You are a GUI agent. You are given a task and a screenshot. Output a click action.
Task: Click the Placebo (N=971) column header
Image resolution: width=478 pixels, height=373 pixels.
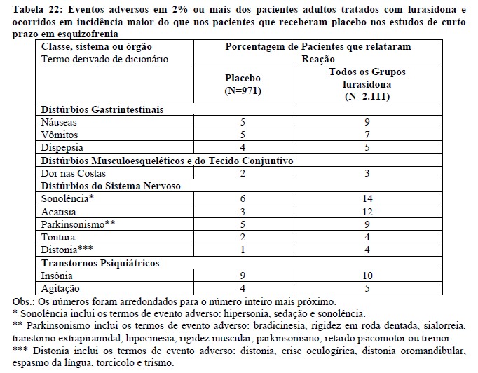[x=242, y=84]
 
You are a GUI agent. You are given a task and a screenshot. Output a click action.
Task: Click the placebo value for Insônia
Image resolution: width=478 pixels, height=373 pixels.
[x=242, y=276]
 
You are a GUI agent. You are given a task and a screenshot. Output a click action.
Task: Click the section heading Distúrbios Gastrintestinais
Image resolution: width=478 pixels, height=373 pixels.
[x=102, y=109]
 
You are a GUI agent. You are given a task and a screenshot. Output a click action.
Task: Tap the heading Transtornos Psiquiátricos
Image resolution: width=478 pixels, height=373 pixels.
[x=100, y=263]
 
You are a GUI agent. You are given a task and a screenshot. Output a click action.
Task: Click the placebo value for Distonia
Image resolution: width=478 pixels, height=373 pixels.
[x=242, y=250]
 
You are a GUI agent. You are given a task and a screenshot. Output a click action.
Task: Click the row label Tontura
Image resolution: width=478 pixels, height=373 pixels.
[x=59, y=238]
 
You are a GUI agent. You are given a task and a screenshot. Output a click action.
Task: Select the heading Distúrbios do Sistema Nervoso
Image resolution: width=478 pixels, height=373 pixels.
[x=111, y=186]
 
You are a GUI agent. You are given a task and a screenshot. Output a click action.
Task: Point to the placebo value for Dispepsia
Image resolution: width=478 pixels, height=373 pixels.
[x=242, y=148]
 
